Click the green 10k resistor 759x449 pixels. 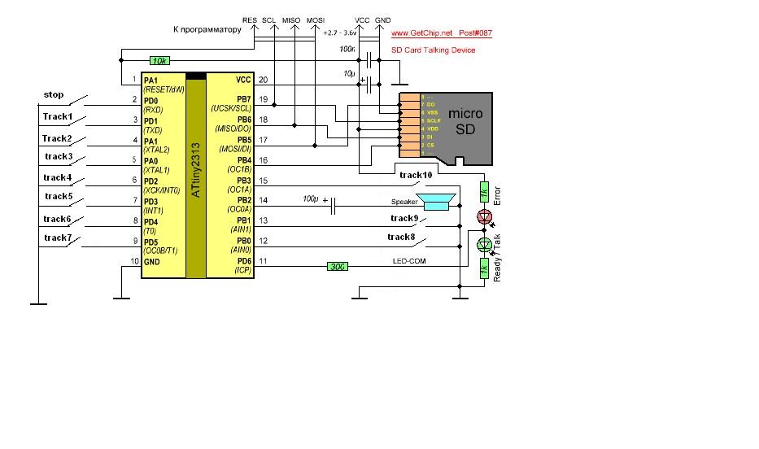[160, 61]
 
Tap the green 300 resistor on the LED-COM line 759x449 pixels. [338, 266]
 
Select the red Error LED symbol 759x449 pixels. [486, 217]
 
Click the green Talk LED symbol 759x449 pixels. [486, 244]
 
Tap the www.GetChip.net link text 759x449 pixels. [421, 34]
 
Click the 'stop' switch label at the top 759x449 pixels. [54, 95]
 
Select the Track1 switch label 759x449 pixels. [58, 117]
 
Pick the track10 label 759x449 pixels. [416, 174]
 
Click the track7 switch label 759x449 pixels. [58, 238]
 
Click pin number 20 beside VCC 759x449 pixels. [263, 80]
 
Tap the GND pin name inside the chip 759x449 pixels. [152, 262]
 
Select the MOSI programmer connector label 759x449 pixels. [315, 20]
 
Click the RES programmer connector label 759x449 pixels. [250, 20]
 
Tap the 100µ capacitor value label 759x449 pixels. [310, 198]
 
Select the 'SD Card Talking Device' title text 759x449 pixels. [433, 50]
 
